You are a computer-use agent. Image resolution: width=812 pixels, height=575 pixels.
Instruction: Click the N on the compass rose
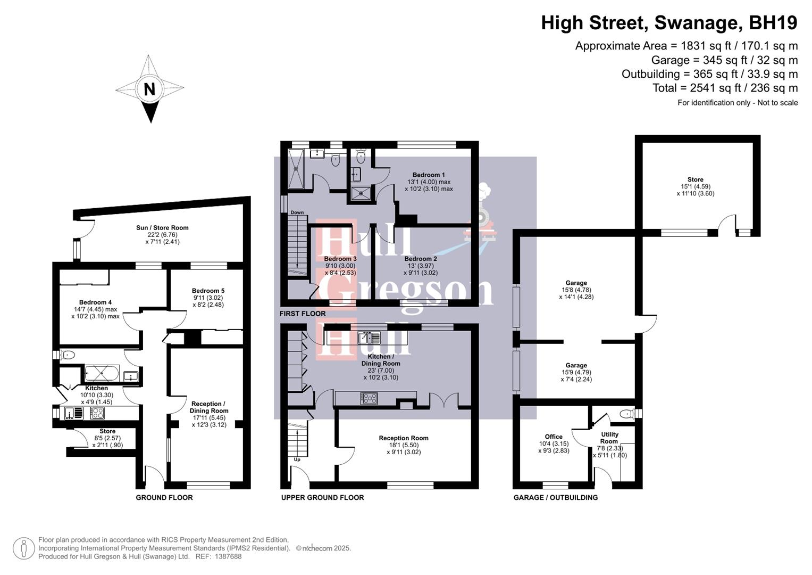(x=149, y=89)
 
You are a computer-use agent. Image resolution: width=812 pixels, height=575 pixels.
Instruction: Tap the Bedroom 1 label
(x=428, y=175)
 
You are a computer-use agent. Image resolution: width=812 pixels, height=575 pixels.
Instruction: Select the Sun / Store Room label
(x=162, y=227)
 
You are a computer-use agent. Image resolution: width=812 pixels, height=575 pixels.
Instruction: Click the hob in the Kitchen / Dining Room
(x=369, y=398)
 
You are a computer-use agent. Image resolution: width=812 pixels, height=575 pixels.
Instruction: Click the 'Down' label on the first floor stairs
(x=297, y=212)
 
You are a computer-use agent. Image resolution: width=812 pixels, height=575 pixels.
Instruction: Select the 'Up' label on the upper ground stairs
(x=297, y=459)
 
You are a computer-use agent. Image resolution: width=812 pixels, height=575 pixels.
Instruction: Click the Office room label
(x=553, y=437)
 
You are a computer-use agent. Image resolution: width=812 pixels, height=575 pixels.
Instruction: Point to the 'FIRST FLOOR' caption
(x=302, y=314)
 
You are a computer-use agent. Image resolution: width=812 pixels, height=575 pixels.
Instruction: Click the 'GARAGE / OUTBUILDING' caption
(x=555, y=497)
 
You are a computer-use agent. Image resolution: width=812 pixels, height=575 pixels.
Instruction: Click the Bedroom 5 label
(x=208, y=291)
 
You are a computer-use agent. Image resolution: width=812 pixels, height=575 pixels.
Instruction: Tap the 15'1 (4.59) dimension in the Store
(x=695, y=186)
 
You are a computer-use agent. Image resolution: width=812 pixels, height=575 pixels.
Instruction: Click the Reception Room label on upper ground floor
(x=403, y=438)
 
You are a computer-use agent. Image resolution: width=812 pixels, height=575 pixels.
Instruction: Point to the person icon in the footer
(x=24, y=548)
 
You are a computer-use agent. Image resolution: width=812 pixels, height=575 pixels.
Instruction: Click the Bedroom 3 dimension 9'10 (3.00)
(x=340, y=266)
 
